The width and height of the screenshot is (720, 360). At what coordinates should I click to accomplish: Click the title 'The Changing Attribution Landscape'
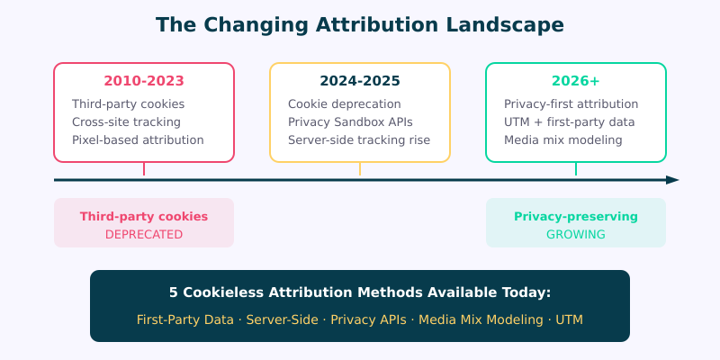[360, 25]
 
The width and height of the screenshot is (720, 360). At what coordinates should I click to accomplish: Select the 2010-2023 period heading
[144, 82]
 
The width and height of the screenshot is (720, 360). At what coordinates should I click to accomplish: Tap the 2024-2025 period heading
[360, 82]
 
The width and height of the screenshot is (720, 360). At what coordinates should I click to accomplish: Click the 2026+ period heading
[576, 82]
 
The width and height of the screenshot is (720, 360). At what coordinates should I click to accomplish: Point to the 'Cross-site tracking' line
[126, 122]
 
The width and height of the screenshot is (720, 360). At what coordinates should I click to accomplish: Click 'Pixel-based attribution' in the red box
[138, 140]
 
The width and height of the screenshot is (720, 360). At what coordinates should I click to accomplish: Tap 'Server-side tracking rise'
[359, 140]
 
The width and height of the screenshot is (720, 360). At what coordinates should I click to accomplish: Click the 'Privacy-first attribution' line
[571, 104]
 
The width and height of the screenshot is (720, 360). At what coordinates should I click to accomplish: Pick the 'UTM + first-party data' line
[569, 122]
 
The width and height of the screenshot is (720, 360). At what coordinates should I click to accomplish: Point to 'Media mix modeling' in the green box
[562, 140]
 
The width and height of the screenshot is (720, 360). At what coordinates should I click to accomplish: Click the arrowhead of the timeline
[672, 180]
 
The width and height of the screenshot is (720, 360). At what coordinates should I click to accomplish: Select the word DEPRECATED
[144, 235]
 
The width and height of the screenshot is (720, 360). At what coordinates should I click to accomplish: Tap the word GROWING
[576, 235]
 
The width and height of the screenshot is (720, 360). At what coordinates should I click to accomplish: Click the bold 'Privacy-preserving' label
[576, 217]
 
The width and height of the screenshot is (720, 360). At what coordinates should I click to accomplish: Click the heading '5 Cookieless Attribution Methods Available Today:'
[360, 292]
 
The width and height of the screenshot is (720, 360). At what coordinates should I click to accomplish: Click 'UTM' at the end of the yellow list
[569, 319]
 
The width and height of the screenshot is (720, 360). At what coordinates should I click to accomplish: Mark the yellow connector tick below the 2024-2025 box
[360, 169]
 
